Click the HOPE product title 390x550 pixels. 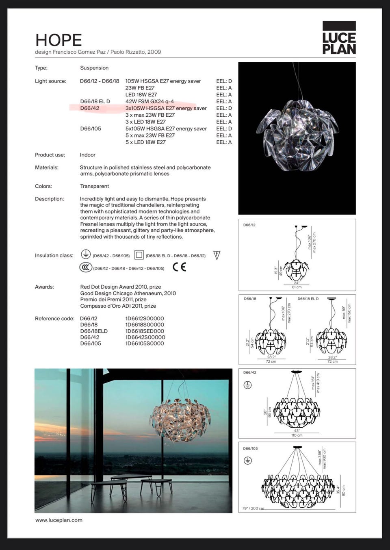point(58,40)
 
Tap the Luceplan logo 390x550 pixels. point(339,38)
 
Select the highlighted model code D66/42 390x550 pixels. point(90,108)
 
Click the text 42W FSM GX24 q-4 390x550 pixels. point(149,102)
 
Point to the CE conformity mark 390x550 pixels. point(179,267)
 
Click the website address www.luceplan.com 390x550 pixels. point(59,520)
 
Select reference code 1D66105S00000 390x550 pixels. point(145,343)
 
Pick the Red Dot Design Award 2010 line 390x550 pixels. point(121,287)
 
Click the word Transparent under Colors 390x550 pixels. point(95,186)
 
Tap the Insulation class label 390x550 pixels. point(54,256)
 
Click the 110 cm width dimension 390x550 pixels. point(297,435)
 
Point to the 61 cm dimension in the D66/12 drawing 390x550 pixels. point(297,287)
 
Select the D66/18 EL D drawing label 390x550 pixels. point(308,299)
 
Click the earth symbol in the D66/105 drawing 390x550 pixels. point(247,461)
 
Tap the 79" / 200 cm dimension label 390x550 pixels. point(253,509)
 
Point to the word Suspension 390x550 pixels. point(94,68)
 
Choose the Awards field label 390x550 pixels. point(44,287)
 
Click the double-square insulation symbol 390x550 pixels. point(139,255)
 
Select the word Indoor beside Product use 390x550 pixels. point(88,155)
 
